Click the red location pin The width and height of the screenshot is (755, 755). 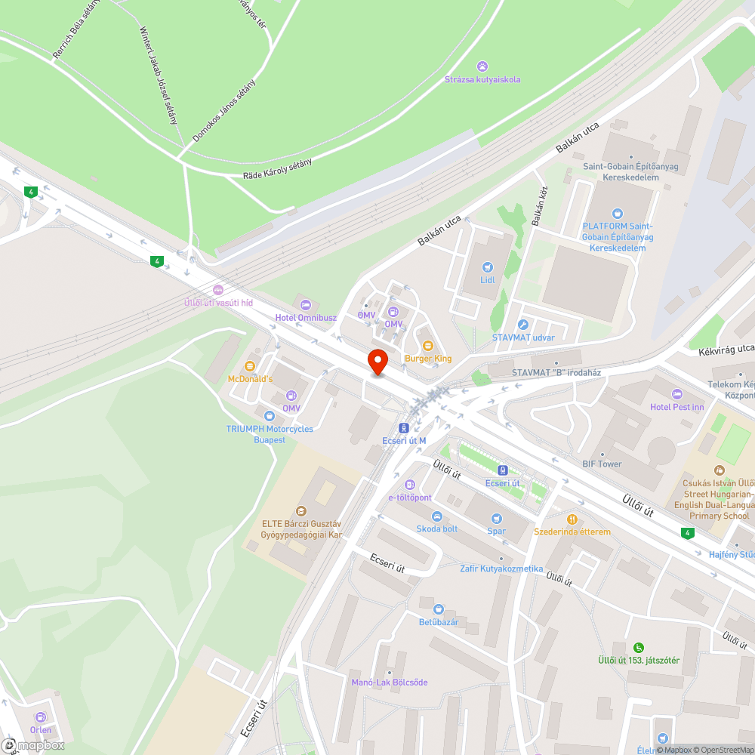[x=377, y=361]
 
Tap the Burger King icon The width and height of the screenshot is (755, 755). [x=428, y=345]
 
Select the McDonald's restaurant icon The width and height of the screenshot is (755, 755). [x=251, y=366]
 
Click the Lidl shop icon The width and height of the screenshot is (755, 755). [x=488, y=267]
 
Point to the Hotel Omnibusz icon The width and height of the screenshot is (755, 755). [x=305, y=304]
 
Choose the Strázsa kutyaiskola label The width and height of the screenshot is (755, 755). [x=482, y=79]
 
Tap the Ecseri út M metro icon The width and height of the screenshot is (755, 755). [x=404, y=427]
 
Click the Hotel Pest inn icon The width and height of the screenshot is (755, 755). [x=676, y=394]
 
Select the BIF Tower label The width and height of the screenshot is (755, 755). [x=602, y=464]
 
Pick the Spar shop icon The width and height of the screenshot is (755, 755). [x=496, y=518]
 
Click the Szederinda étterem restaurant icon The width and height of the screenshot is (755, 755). [x=572, y=519]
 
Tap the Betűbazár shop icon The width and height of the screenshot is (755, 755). [x=439, y=609]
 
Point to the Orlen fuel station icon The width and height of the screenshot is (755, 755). [x=41, y=716]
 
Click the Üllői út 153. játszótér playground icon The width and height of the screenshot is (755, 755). [x=639, y=647]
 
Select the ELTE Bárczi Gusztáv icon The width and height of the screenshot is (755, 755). [x=302, y=511]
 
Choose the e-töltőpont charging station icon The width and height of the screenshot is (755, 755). [x=410, y=484]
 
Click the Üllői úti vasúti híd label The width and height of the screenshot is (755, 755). [x=219, y=302]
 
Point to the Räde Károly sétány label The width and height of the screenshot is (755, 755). [x=277, y=168]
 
